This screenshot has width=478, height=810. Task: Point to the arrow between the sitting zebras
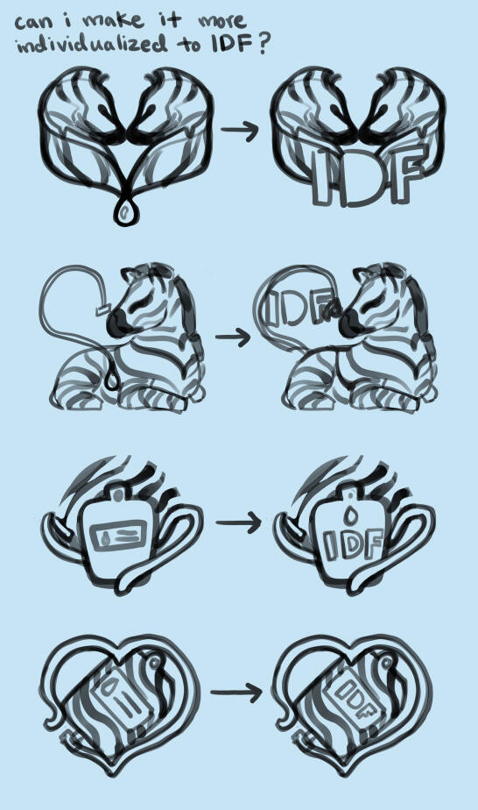233,337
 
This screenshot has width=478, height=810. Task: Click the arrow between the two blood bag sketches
237,523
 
